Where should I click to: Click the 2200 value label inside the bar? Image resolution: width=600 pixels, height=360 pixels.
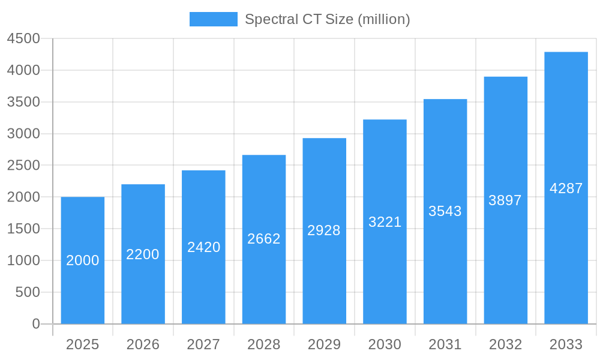[x=143, y=254]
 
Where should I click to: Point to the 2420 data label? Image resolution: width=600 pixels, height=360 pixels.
[x=204, y=247]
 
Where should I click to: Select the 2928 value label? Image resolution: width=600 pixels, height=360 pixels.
[x=324, y=230]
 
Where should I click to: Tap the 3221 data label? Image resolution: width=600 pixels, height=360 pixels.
[x=385, y=222]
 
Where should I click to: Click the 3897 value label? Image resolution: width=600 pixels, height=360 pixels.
[x=505, y=200]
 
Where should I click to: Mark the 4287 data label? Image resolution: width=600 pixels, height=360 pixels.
[x=566, y=188]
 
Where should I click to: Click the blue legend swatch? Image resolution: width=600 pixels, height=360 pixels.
[x=213, y=19]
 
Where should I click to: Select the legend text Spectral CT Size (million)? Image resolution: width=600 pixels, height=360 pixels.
[x=328, y=19]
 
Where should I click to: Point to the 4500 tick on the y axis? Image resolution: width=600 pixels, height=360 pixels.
[x=23, y=39]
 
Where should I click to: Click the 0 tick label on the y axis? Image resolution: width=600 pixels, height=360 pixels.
[x=35, y=324]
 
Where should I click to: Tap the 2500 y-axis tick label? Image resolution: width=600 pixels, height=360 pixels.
[x=23, y=166]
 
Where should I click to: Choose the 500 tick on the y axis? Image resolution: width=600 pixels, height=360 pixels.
[x=28, y=292]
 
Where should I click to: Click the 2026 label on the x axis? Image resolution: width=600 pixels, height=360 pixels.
[x=143, y=344]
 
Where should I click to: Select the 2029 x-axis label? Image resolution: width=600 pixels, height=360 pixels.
[x=324, y=344]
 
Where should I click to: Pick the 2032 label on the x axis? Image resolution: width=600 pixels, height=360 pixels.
[x=505, y=344]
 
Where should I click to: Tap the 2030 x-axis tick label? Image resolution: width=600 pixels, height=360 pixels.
[x=385, y=344]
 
